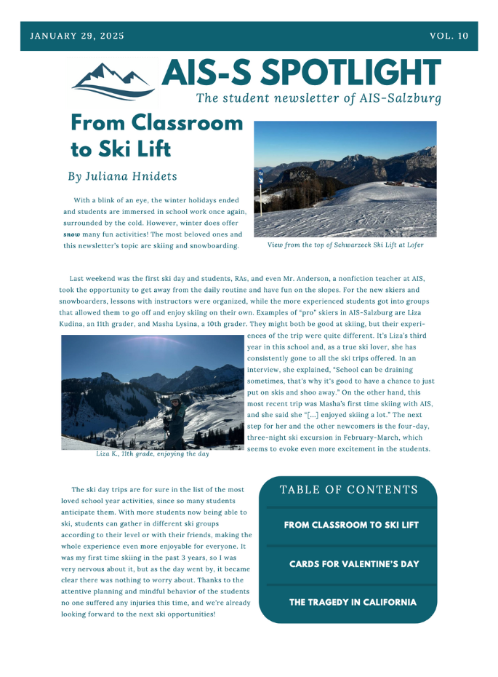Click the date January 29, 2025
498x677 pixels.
coord(76,36)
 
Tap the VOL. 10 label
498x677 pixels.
coord(449,36)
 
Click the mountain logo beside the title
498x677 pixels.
coord(113,79)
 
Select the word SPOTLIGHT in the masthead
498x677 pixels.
coord(350,73)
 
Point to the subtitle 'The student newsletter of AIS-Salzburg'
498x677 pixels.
coord(318,98)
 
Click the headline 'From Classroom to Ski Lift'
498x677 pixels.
coord(156,135)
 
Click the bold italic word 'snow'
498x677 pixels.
coord(71,234)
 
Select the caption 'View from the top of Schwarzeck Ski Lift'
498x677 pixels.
coord(345,245)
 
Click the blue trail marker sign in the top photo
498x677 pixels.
coord(260,175)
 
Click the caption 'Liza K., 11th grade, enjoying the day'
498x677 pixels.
coord(152,454)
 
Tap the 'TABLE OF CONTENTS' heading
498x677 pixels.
coord(349,490)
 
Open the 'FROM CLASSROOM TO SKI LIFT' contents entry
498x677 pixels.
coord(351,525)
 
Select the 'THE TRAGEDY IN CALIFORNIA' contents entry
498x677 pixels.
coord(353,603)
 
